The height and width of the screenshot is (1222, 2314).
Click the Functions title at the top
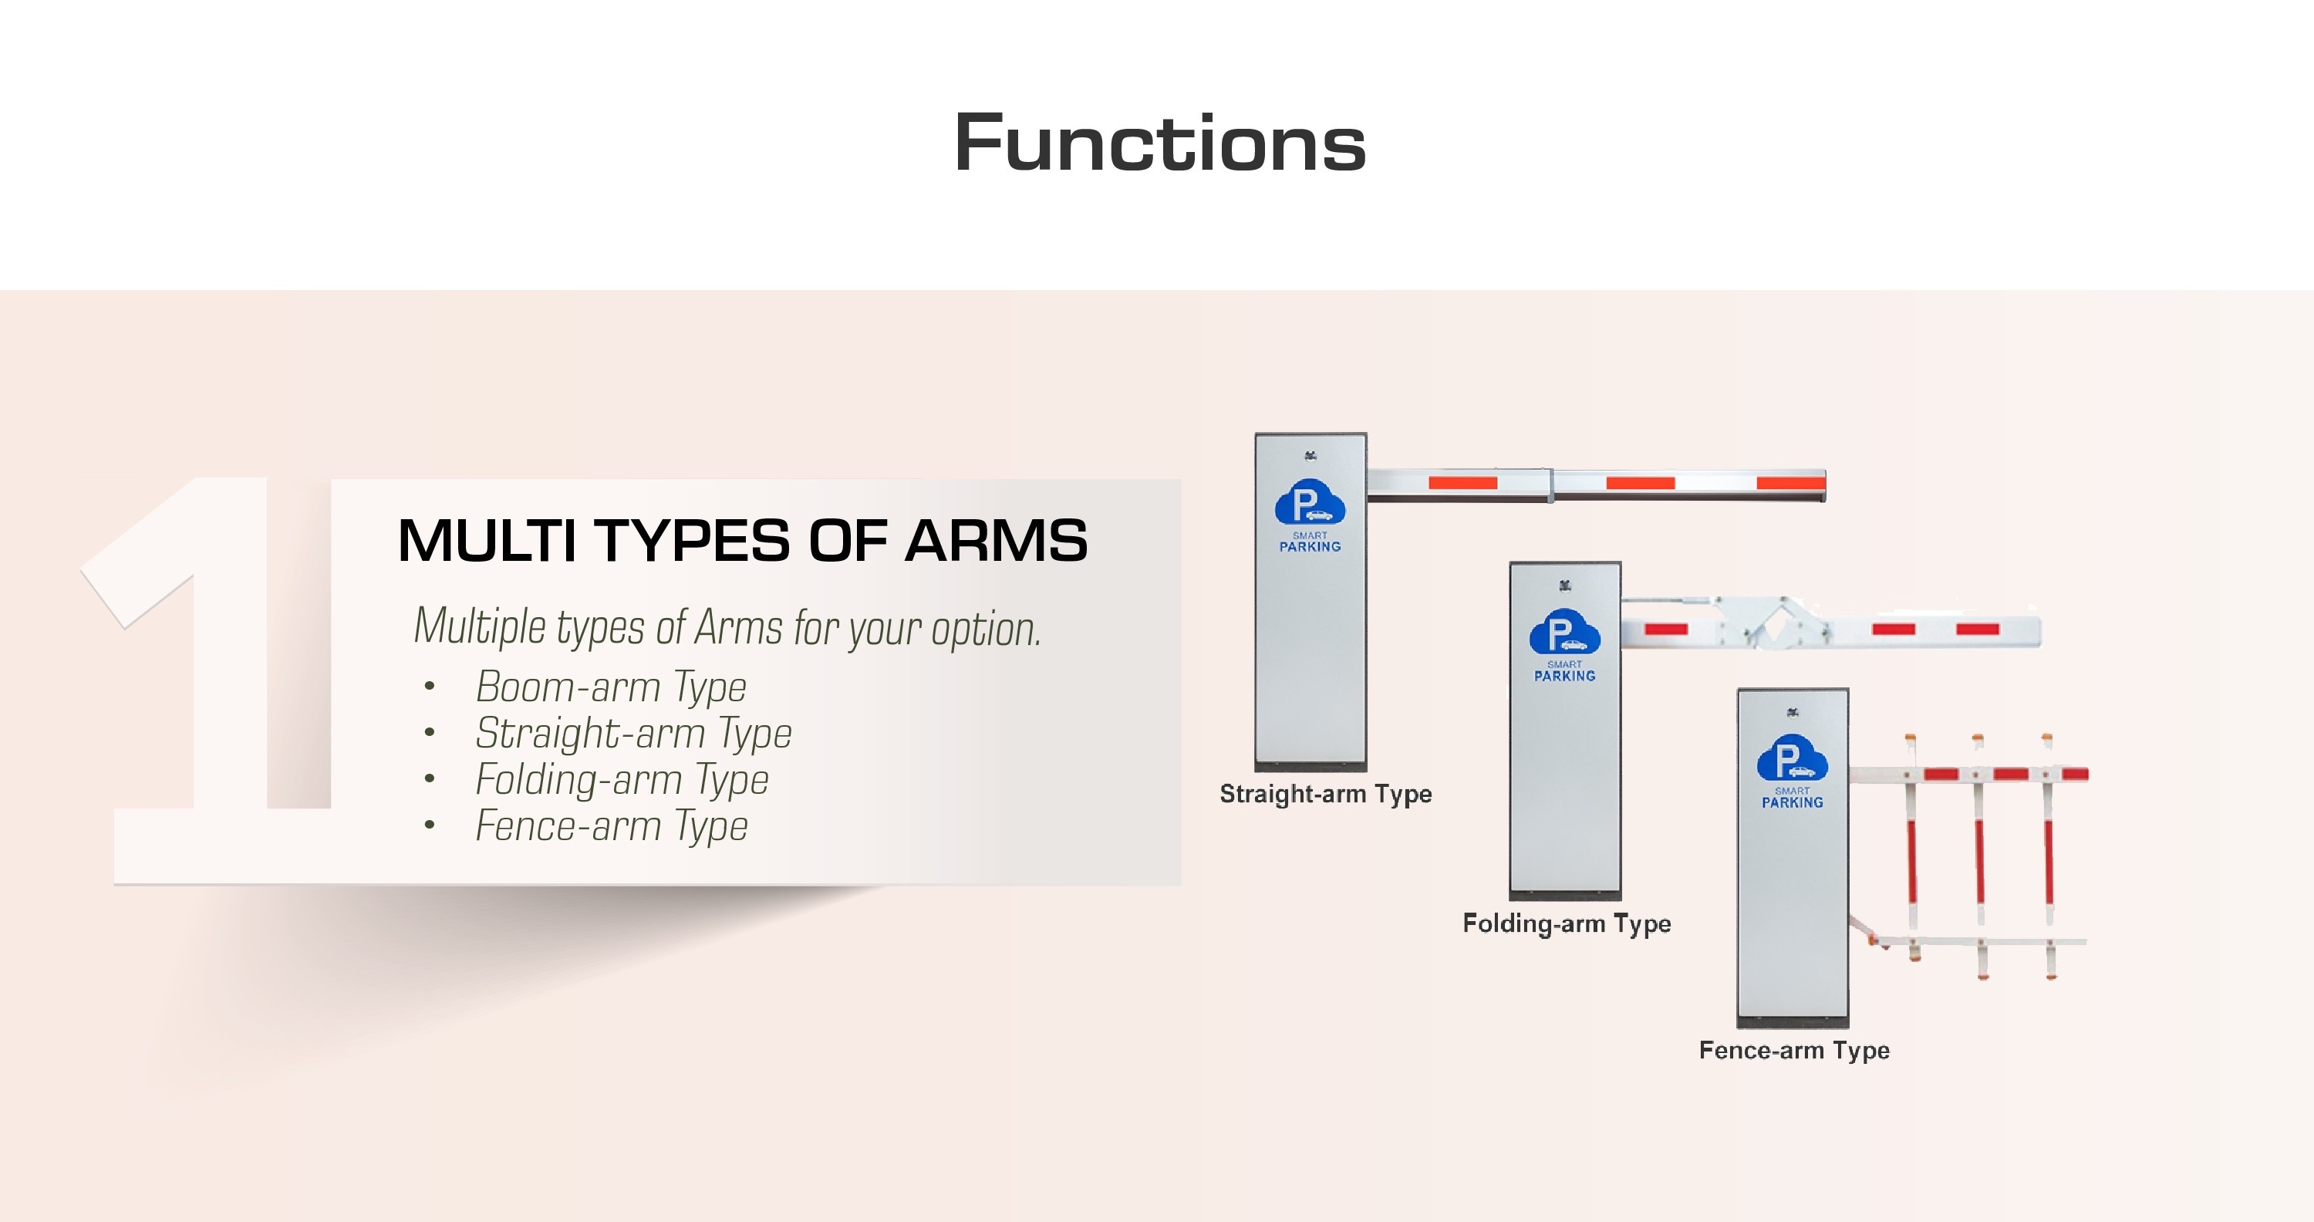click(x=1159, y=143)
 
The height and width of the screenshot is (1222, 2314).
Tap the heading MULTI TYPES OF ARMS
click(x=742, y=541)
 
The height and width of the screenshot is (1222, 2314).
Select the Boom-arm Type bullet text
click(x=611, y=687)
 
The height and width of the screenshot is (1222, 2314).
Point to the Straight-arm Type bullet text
click(x=633, y=734)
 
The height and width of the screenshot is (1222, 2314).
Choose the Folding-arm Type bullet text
click(x=622, y=780)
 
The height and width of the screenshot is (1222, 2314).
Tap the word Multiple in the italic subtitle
click(x=480, y=626)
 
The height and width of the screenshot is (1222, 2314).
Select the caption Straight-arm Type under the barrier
click(x=1325, y=795)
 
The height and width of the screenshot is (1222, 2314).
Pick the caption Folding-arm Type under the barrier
click(x=1567, y=923)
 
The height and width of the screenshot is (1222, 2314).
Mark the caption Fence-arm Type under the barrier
click(x=1794, y=1051)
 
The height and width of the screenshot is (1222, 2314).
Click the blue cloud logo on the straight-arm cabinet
click(x=1310, y=503)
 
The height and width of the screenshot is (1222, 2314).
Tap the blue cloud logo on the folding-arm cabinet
click(x=1564, y=633)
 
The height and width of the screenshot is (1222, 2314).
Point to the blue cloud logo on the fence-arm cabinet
click(x=1792, y=759)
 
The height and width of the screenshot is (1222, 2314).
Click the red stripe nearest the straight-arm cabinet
click(x=1462, y=482)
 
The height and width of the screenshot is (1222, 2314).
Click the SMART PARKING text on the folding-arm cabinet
click(x=1564, y=672)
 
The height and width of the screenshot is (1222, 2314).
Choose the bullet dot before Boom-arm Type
click(x=430, y=687)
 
